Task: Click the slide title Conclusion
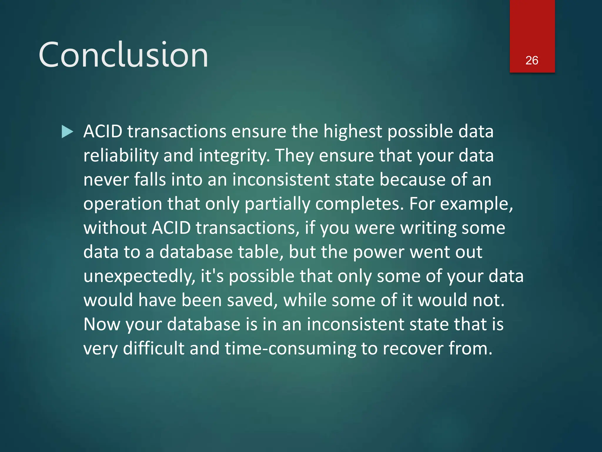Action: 123,55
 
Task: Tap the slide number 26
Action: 532,60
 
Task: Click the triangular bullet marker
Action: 67,132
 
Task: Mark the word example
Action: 476,204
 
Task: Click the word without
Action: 115,228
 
